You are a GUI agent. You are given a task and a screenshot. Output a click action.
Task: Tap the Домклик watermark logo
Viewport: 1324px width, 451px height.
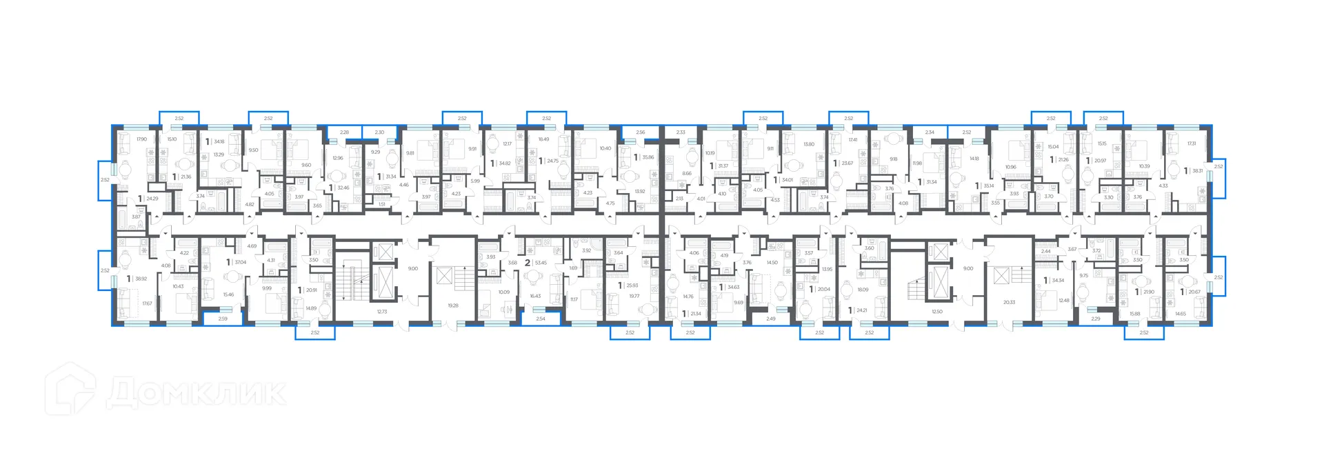pyautogui.click(x=165, y=391)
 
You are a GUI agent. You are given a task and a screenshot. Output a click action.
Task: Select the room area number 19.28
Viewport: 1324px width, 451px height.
pyautogui.click(x=452, y=305)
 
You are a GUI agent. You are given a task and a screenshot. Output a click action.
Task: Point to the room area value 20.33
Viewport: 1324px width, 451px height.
pyautogui.click(x=1009, y=302)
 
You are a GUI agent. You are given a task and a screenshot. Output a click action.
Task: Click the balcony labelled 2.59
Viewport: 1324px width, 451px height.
pyautogui.click(x=223, y=319)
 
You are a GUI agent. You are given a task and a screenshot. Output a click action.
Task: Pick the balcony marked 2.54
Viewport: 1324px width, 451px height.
pyautogui.click(x=540, y=319)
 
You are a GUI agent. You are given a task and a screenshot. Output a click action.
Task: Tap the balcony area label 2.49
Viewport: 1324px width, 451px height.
pyautogui.click(x=770, y=319)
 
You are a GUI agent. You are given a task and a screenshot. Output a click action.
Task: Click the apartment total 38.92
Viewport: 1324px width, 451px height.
pyautogui.click(x=141, y=279)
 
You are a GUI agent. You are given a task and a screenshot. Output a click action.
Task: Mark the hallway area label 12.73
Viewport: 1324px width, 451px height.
pyautogui.click(x=382, y=312)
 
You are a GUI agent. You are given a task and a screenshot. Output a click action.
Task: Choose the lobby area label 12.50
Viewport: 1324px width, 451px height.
pyautogui.click(x=936, y=312)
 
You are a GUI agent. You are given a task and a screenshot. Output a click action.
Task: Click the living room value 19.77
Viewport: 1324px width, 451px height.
pyautogui.click(x=634, y=296)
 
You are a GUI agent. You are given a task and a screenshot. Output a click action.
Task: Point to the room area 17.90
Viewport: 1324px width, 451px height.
pyautogui.click(x=141, y=139)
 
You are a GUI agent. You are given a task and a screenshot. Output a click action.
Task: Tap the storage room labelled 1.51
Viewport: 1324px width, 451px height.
pyautogui.click(x=381, y=204)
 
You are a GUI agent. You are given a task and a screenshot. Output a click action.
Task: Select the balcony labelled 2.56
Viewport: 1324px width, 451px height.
pyautogui.click(x=640, y=132)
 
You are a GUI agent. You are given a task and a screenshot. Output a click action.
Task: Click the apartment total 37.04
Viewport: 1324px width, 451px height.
pyautogui.click(x=240, y=263)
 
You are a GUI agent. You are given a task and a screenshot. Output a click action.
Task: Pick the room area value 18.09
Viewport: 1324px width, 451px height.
pyautogui.click(x=863, y=290)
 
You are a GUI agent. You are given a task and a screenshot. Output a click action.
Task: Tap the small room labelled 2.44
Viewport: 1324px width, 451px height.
pyautogui.click(x=1046, y=252)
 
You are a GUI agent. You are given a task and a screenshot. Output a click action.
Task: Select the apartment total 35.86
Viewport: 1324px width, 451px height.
pyautogui.click(x=647, y=157)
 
